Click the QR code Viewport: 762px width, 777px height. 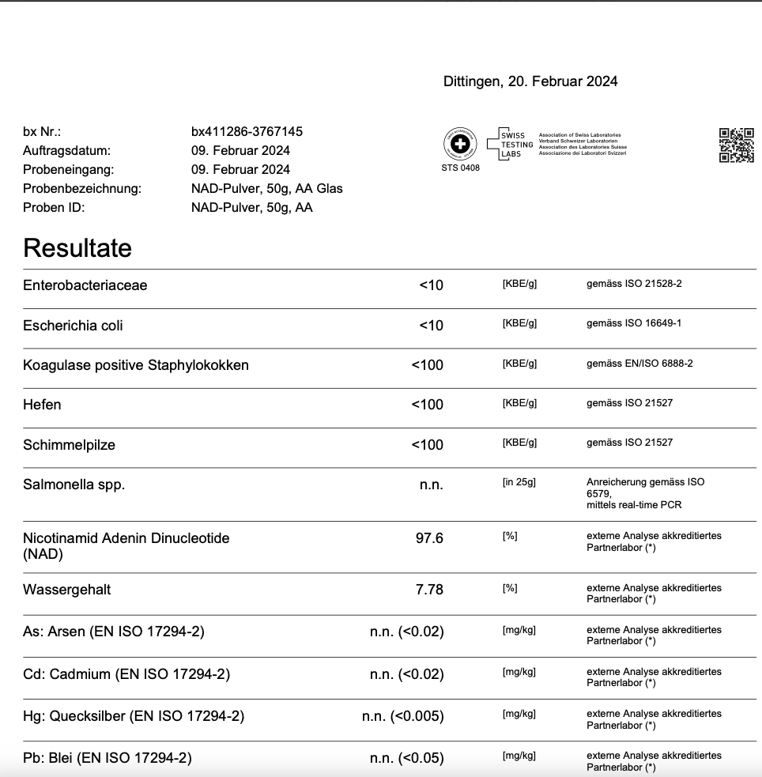click(x=736, y=145)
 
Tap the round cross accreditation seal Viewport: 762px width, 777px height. click(x=460, y=145)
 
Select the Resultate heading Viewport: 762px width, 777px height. click(x=77, y=248)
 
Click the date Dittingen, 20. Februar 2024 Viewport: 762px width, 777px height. click(x=530, y=81)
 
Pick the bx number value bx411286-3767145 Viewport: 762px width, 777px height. click(x=247, y=131)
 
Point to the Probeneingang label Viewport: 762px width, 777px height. click(x=68, y=169)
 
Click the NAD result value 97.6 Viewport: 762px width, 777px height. click(x=429, y=538)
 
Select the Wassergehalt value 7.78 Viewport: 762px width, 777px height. click(x=429, y=590)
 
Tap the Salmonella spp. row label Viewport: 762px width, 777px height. click(x=74, y=485)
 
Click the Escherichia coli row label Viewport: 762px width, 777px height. click(x=73, y=326)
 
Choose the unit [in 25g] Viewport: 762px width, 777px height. click(x=519, y=482)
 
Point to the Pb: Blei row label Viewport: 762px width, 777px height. click(x=108, y=758)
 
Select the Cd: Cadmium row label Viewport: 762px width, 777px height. click(x=126, y=674)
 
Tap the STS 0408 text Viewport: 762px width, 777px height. click(x=460, y=168)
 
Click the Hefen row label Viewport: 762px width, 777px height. click(x=42, y=405)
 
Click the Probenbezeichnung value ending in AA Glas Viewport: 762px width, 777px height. click(x=266, y=188)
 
